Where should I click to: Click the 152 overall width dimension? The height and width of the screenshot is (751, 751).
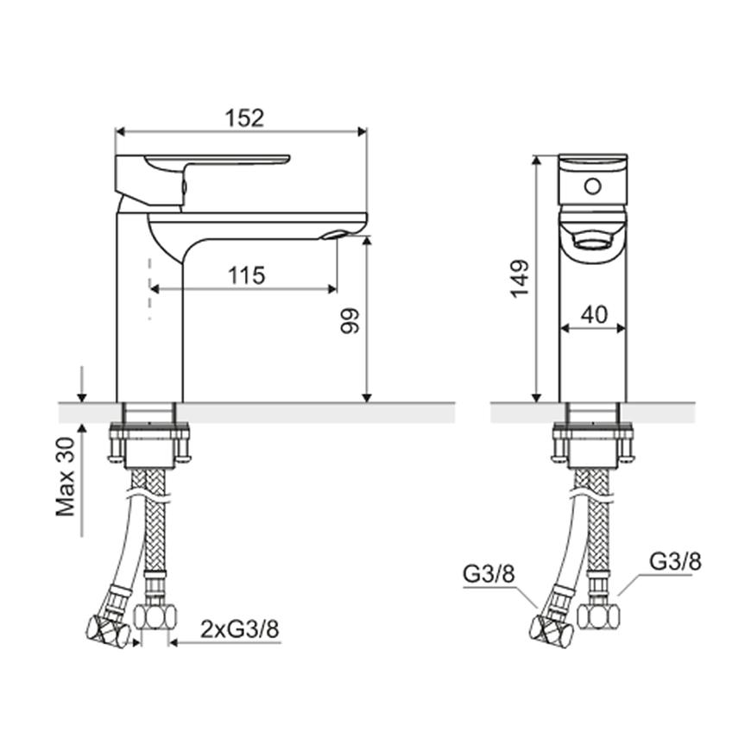pos(245,118)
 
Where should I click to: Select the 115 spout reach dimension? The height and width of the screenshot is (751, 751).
pos(246,276)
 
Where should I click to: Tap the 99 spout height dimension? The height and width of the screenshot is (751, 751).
pos(350,321)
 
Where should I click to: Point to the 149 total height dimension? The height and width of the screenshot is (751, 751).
pos(520,279)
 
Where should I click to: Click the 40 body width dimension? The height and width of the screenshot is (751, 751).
pos(594,315)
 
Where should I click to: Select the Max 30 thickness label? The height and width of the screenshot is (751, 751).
pos(66,476)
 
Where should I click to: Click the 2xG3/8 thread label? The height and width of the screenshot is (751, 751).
pos(239,630)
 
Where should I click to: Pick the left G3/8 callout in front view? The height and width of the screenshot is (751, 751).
pos(489,574)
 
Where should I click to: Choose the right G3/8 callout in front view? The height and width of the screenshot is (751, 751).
pos(675,561)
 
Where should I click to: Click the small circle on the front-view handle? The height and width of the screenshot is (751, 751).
pos(592,186)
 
